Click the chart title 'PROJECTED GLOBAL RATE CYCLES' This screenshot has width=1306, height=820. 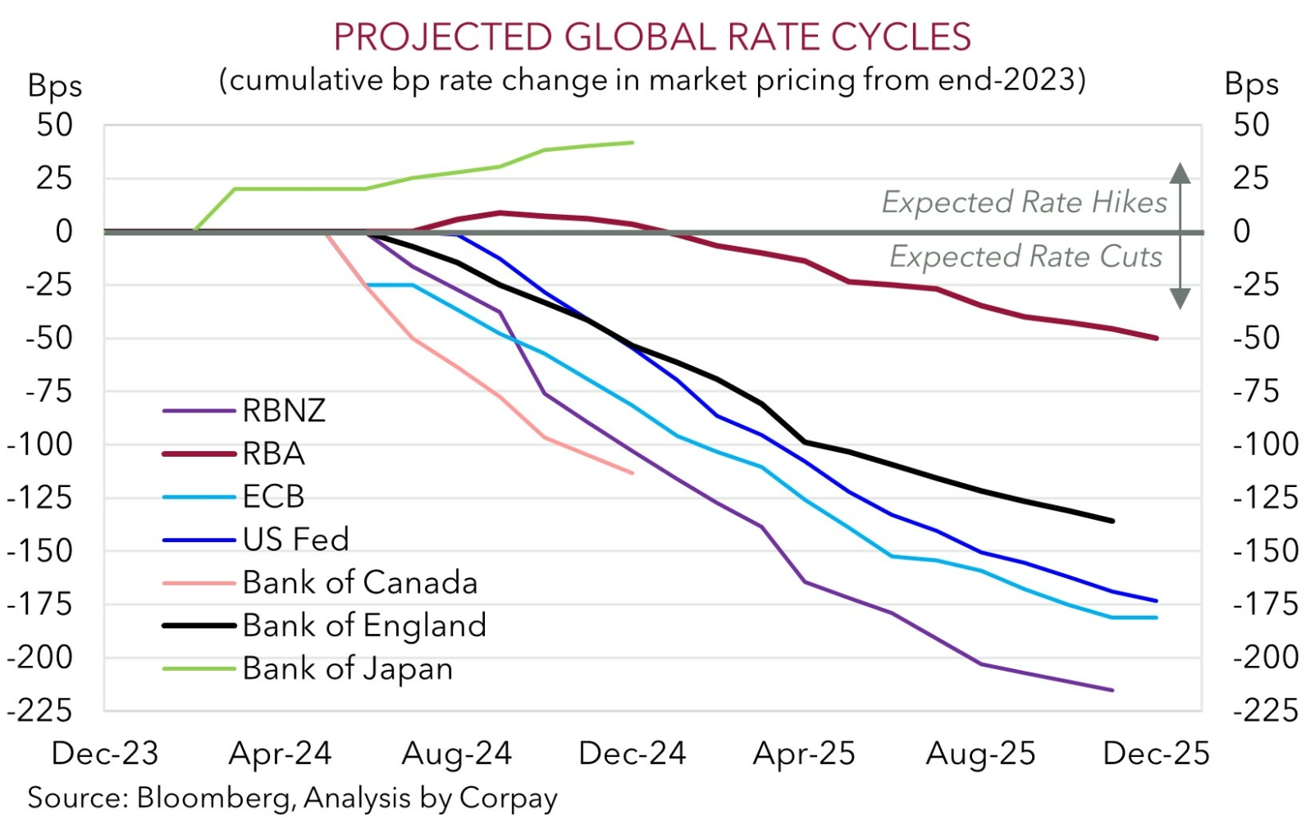point(652,38)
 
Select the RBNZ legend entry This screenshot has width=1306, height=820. point(284,410)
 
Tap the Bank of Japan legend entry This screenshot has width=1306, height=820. point(347,668)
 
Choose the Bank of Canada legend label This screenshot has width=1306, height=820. point(359,582)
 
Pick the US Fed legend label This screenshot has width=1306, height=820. point(295,540)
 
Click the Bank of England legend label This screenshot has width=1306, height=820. point(364,626)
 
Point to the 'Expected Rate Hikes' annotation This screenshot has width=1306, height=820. point(1024,203)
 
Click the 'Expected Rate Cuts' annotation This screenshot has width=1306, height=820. point(1025,257)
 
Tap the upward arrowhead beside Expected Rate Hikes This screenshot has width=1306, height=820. point(1180,172)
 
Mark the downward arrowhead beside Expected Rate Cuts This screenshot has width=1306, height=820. point(1180,298)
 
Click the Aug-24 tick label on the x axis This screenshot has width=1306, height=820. point(456,754)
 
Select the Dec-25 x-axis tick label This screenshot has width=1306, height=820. point(1156,754)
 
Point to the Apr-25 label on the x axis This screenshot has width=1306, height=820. point(804,754)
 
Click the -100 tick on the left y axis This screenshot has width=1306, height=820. point(51,445)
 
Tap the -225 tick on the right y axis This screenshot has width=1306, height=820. point(1265,710)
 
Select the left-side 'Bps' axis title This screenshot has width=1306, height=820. point(55,86)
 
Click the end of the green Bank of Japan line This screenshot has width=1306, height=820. point(632,143)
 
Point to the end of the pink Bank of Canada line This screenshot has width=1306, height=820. point(632,472)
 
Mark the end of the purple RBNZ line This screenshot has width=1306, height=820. point(1112,690)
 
